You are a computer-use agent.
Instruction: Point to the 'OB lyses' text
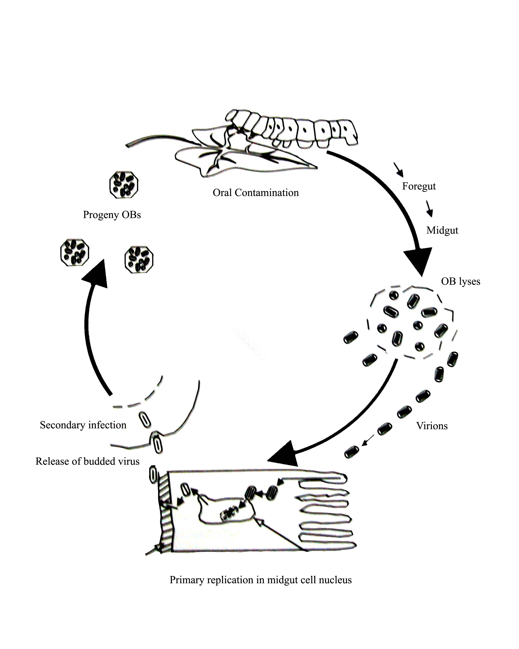(x=460, y=281)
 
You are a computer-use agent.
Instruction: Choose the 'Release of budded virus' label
(x=87, y=461)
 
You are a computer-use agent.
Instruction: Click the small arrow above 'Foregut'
(x=398, y=169)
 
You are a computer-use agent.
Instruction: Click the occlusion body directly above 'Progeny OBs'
(x=124, y=185)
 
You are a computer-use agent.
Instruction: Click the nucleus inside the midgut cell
(x=226, y=512)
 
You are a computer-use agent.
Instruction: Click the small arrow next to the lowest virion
(x=368, y=440)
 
